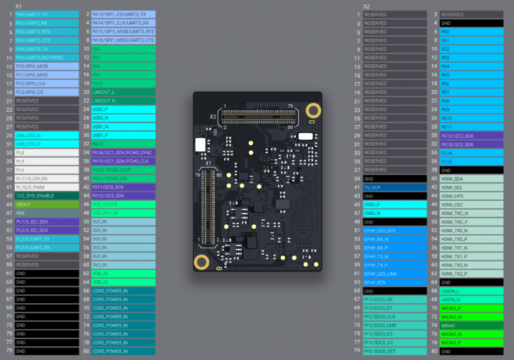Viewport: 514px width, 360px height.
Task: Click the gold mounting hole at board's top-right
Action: pos(312,110)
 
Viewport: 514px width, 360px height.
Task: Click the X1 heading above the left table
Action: pos(19,6)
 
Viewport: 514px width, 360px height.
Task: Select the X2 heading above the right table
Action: pos(366,6)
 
